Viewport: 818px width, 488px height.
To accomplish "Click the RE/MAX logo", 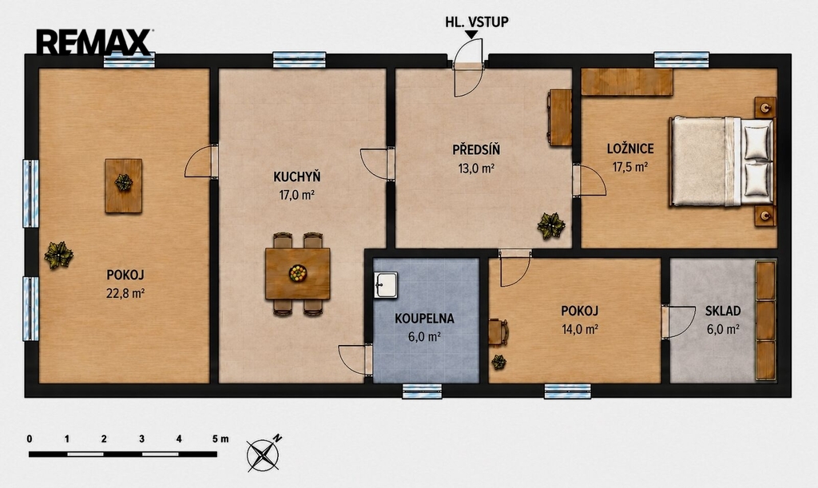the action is [94, 42].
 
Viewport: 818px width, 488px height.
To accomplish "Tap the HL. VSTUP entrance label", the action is [476, 22].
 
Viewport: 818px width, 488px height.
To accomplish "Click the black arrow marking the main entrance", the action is [471, 34].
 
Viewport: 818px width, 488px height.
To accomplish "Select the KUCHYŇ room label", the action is [297, 177].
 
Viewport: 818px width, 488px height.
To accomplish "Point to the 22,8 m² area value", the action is [125, 293].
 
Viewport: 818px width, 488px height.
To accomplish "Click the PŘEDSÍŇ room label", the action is [476, 149].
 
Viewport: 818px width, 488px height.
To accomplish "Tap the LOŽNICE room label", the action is [630, 149].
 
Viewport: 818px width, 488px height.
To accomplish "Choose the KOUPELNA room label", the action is [424, 319].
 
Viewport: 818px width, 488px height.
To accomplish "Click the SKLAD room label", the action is [723, 311].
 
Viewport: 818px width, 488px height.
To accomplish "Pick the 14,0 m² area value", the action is [580, 330].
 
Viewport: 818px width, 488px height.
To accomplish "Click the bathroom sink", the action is [386, 285].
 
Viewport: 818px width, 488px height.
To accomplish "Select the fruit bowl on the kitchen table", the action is [298, 273].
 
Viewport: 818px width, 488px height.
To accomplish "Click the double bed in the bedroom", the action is [722, 161].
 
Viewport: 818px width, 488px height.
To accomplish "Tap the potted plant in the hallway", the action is [551, 225].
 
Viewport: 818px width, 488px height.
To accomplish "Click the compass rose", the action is [264, 454].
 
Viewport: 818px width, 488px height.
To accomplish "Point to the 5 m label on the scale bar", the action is [220, 439].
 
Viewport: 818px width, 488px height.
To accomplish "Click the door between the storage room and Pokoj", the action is [677, 322].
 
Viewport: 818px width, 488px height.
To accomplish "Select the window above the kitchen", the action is [300, 60].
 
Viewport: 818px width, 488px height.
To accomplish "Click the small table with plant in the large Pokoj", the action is [124, 185].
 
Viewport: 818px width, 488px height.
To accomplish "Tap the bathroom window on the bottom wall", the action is [422, 391].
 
